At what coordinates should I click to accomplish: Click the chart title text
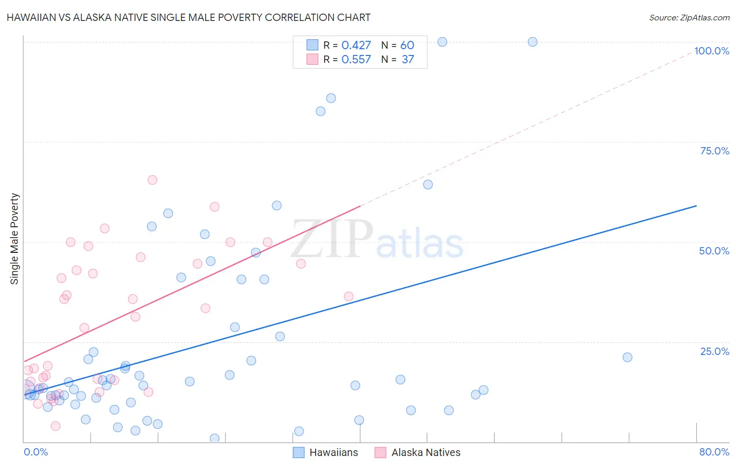[188, 17]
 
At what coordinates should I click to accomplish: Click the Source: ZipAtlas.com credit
[689, 17]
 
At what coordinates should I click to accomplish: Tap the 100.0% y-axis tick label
[711, 51]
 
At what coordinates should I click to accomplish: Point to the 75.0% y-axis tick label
[715, 151]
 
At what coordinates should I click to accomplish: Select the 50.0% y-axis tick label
[714, 251]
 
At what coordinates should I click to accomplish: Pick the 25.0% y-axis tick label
[715, 351]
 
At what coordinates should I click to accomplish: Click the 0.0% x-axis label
[36, 452]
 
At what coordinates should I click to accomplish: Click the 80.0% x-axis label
[714, 452]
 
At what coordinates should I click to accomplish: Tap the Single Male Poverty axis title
[15, 239]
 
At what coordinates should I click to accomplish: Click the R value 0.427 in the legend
[356, 46]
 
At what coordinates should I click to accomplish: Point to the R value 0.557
[356, 60]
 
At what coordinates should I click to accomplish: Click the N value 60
[407, 46]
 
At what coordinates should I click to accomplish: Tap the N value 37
[408, 60]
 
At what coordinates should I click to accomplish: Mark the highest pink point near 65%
[152, 180]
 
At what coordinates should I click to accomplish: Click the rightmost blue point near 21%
[627, 357]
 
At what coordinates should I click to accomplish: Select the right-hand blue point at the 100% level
[532, 42]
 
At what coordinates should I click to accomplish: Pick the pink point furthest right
[349, 296]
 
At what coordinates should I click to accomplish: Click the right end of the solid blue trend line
[696, 206]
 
